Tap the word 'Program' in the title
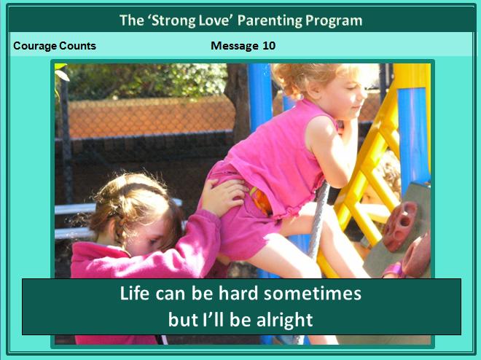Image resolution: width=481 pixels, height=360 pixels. coord(334,20)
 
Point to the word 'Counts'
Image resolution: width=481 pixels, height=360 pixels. coord(77,46)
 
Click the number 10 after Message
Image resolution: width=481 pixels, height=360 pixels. coord(269,46)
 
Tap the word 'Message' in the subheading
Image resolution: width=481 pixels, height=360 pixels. coord(235,46)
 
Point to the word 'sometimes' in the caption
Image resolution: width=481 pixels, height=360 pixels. coord(312,293)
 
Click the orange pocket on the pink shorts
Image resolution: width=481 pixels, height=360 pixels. coord(261,200)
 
